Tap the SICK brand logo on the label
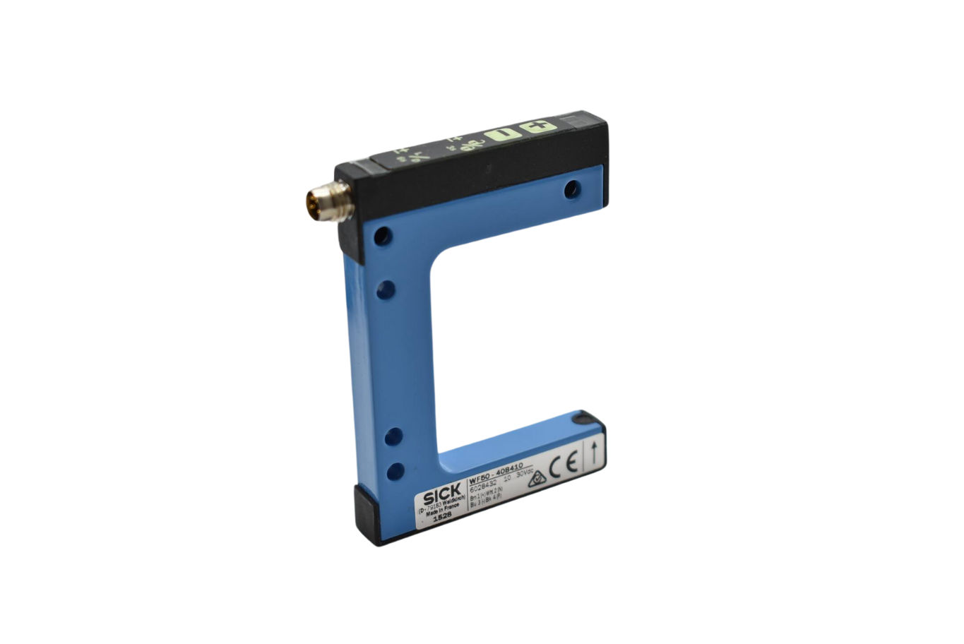441,491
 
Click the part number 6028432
484,483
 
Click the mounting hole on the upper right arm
573,189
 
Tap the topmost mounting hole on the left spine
382,236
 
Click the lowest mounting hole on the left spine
396,471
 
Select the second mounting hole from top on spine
386,289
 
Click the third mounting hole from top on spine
394,436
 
